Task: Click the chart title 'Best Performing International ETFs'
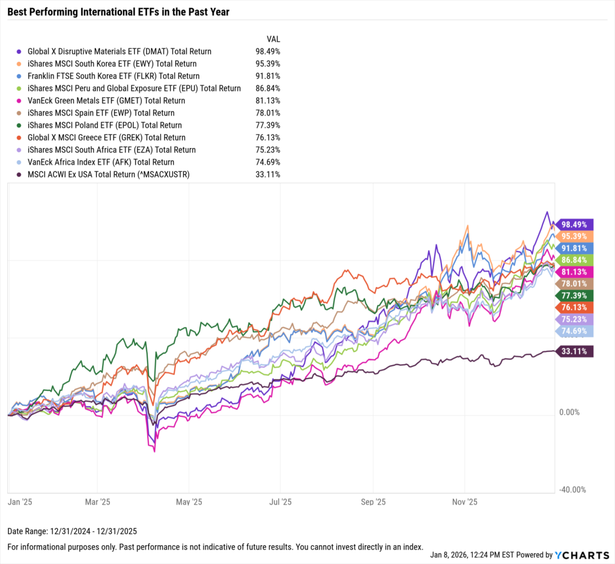[x=118, y=11]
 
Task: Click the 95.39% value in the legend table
[x=267, y=64]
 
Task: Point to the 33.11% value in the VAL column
[x=267, y=174]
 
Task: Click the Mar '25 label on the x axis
[x=97, y=502]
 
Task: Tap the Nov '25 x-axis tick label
[x=464, y=502]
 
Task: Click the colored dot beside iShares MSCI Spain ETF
[x=20, y=113]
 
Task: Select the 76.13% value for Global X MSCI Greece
[x=267, y=138]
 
